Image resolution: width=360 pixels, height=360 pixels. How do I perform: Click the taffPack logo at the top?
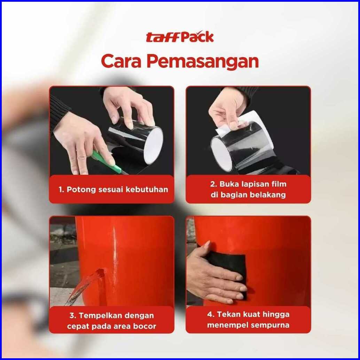click(180, 37)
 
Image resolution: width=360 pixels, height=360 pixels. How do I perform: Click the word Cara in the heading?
click(121, 61)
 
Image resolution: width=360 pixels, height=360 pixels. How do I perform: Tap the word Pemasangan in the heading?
click(203, 61)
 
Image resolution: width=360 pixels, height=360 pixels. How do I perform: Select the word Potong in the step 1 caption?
click(81, 190)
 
